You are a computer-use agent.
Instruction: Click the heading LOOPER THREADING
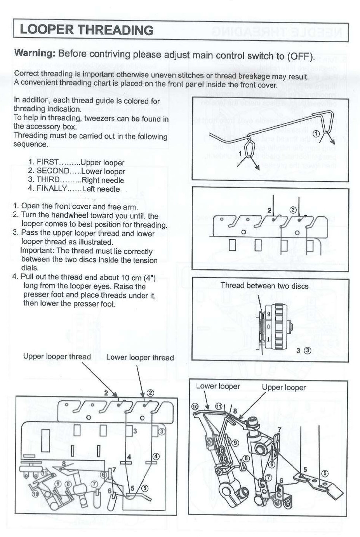(x=86, y=30)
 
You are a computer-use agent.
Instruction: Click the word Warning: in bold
(x=34, y=53)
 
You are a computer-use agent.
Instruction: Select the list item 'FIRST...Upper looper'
(x=77, y=162)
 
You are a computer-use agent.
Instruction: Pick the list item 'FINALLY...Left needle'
(x=74, y=189)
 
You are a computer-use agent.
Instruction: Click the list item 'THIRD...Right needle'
(x=76, y=180)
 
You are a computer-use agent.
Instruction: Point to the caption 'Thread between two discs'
(x=264, y=286)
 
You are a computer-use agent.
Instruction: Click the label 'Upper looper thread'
(x=57, y=357)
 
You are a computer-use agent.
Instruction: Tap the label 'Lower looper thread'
(x=140, y=357)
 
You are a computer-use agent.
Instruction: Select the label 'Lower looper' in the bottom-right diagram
(x=218, y=386)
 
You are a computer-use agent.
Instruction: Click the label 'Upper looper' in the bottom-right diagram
(x=283, y=387)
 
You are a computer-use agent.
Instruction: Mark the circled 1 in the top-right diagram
(x=317, y=133)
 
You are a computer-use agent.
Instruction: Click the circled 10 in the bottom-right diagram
(x=195, y=407)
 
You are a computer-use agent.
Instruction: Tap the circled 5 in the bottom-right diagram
(x=325, y=473)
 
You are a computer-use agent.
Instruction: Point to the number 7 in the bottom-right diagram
(x=279, y=430)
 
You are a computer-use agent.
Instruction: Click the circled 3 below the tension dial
(x=308, y=350)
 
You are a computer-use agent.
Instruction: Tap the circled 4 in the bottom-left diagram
(x=156, y=456)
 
